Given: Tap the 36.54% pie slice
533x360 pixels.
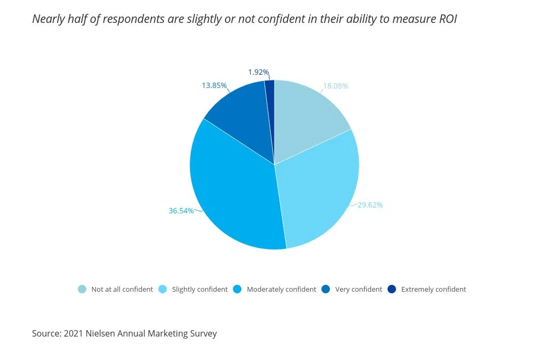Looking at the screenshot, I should click(x=235, y=197).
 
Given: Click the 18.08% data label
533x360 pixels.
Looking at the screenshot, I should click(x=335, y=86).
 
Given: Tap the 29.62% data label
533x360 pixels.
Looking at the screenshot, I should click(x=370, y=205).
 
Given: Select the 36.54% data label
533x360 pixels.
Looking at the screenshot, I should click(x=181, y=211).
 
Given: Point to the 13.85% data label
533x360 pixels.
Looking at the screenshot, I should click(x=214, y=85).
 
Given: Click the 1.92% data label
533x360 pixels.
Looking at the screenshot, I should click(x=259, y=72).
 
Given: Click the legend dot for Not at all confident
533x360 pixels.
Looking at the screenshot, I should click(x=82, y=289).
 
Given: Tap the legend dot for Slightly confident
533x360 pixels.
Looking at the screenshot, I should click(x=163, y=289).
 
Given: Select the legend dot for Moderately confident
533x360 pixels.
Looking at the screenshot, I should click(x=237, y=289).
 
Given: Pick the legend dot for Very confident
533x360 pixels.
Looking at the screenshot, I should click(x=326, y=289).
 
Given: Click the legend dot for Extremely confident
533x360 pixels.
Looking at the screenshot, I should click(x=392, y=289).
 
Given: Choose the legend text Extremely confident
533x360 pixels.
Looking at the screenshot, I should click(x=433, y=289).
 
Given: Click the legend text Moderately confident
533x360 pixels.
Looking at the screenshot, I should click(x=281, y=289).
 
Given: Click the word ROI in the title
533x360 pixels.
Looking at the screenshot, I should click(x=447, y=19).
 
